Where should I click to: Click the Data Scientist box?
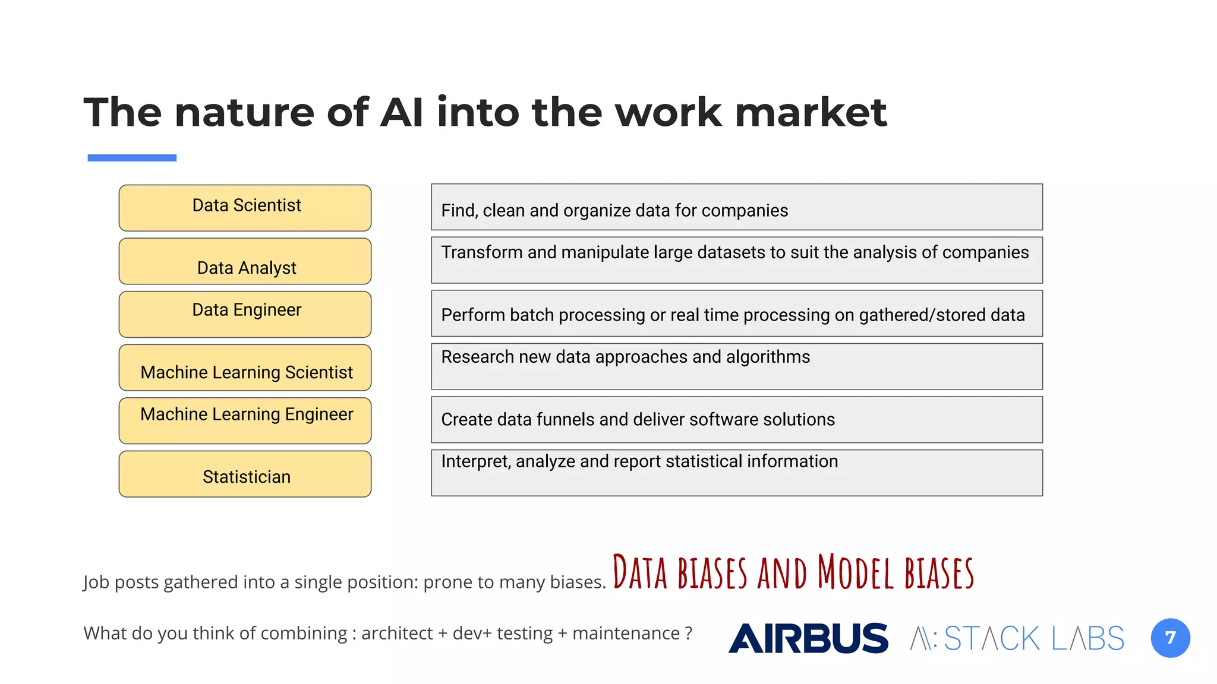pyautogui.click(x=245, y=208)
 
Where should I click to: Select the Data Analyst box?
pyautogui.click(x=245, y=261)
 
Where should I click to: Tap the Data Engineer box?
pyautogui.click(x=245, y=314)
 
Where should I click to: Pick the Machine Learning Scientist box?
pyautogui.click(x=245, y=368)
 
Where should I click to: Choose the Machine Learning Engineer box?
pyautogui.click(x=245, y=420)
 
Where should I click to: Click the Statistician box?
pyautogui.click(x=245, y=474)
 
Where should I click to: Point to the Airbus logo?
pyautogui.click(x=808, y=638)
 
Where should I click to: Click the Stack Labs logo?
pyautogui.click(x=1017, y=638)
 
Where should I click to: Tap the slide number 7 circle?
pyautogui.click(x=1170, y=638)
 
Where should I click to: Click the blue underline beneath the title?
pyautogui.click(x=132, y=158)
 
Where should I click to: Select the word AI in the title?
pyautogui.click(x=402, y=112)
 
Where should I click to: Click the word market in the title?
pyautogui.click(x=811, y=112)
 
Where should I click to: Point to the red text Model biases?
pyautogui.click(x=896, y=572)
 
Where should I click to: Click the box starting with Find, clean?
pyautogui.click(x=736, y=207)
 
